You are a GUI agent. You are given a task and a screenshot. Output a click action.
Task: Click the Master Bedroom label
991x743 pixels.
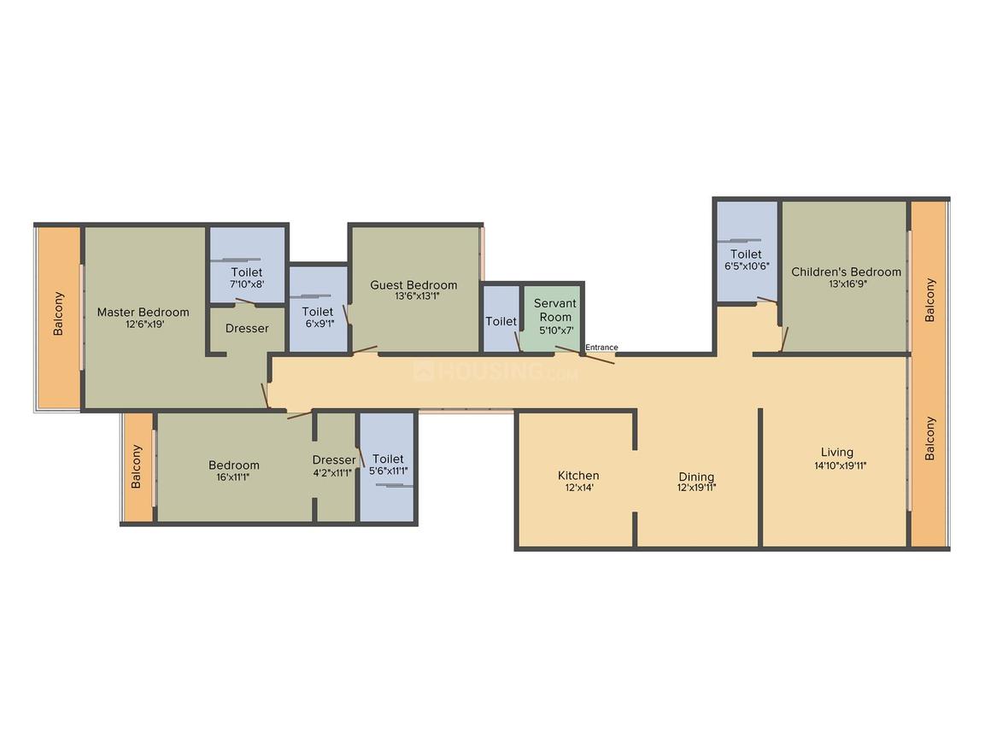pyautogui.click(x=143, y=312)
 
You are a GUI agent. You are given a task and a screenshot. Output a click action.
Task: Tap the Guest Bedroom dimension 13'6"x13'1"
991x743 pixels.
pyautogui.click(x=413, y=297)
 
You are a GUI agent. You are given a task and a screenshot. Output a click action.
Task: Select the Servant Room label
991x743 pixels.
pyautogui.click(x=554, y=310)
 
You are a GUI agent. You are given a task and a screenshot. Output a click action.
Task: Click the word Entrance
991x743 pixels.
pyautogui.click(x=601, y=348)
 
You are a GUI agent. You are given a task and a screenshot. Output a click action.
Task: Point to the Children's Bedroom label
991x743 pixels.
pyautogui.click(x=846, y=272)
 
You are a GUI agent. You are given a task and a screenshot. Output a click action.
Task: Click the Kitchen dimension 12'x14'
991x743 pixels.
pyautogui.click(x=578, y=489)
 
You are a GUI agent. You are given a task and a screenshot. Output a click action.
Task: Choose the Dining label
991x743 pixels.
pyautogui.click(x=696, y=477)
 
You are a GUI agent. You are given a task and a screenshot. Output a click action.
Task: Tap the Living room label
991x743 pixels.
pyautogui.click(x=836, y=453)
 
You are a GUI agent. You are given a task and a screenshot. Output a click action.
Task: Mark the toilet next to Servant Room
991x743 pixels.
pyautogui.click(x=501, y=322)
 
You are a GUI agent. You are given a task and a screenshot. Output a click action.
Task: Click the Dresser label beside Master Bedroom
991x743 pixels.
pyautogui.click(x=247, y=328)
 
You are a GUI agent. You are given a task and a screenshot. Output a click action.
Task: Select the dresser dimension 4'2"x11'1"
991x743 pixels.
pyautogui.click(x=333, y=471)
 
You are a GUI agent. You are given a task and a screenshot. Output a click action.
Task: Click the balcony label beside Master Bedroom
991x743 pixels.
pyautogui.click(x=59, y=313)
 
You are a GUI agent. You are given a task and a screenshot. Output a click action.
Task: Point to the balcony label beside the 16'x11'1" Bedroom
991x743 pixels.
pyautogui.click(x=136, y=467)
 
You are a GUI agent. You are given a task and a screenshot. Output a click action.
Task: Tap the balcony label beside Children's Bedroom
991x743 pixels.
pyautogui.click(x=930, y=300)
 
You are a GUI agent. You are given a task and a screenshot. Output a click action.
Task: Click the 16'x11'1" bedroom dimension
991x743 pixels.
pyautogui.click(x=234, y=477)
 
